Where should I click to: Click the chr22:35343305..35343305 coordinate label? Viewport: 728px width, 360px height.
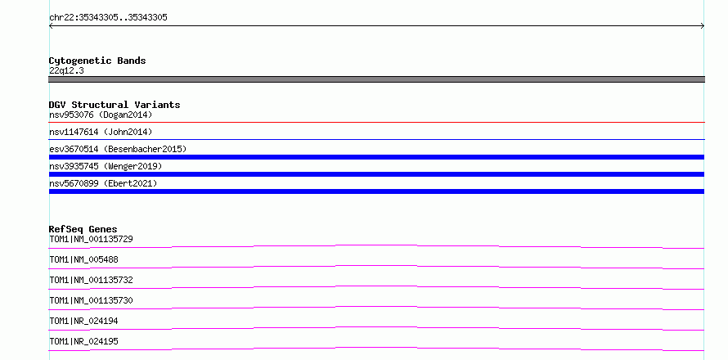point(108,18)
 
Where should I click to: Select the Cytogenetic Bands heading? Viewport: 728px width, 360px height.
point(97,61)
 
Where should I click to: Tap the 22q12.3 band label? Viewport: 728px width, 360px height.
point(66,71)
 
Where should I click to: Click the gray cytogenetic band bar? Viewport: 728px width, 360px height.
point(376,79)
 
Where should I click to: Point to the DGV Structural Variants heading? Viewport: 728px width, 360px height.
point(115,105)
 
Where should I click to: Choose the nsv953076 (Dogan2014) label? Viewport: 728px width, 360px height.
point(101,115)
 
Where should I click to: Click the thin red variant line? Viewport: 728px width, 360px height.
point(376,123)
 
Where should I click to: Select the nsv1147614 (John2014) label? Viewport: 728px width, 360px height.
point(101,132)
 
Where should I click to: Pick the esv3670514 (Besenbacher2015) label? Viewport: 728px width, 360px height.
point(118,149)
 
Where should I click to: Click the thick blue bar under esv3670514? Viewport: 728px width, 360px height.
point(376,157)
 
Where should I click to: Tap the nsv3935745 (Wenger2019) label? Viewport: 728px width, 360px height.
point(106,166)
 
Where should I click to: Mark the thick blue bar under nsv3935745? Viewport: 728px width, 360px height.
point(376,174)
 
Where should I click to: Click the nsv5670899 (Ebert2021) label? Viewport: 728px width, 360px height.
point(103,183)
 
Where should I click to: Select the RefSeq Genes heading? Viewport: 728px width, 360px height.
point(83,229)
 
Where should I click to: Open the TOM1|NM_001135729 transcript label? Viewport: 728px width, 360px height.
point(91,239)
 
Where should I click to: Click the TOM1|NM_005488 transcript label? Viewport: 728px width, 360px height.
point(83,259)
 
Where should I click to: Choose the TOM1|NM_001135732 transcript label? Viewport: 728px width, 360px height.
point(91,280)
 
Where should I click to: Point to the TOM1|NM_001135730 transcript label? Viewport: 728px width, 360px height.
point(91,300)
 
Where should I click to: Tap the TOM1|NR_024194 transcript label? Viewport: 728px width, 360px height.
point(83,321)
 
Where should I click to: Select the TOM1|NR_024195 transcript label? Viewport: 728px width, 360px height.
point(83,341)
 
